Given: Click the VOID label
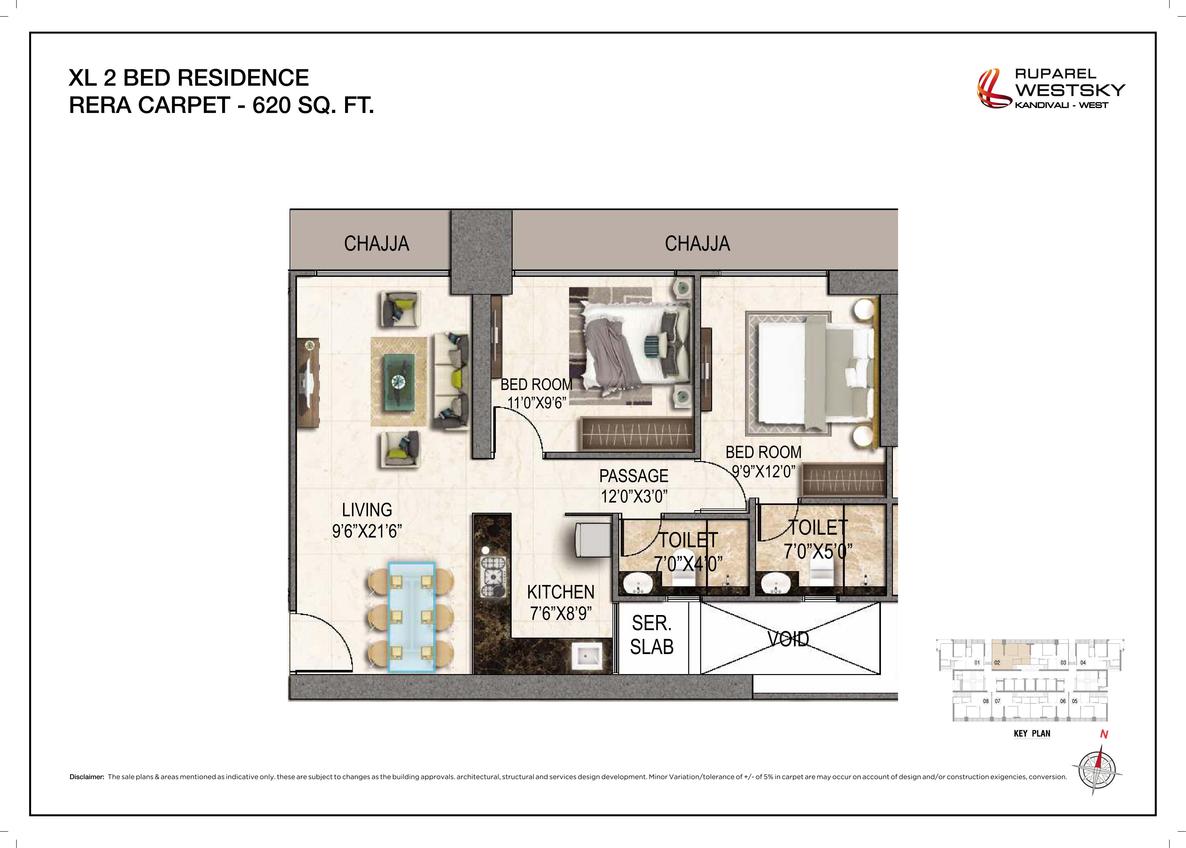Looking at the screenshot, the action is [789, 639].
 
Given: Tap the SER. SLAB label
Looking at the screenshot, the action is [652, 635].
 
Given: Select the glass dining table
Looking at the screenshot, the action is [412, 616].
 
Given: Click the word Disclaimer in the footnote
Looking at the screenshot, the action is [87, 777].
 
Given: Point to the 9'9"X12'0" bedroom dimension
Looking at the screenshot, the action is [763, 471].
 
